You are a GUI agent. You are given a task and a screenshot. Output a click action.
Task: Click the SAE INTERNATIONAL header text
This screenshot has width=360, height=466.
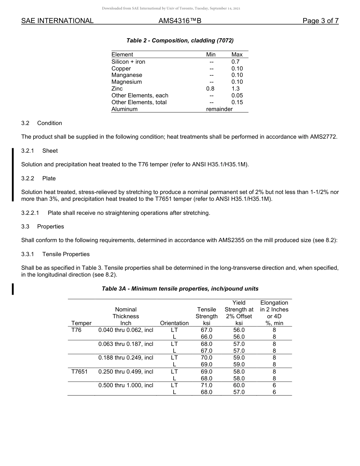click(x=57, y=21)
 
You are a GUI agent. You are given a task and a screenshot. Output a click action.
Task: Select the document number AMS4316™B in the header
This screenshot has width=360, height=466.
click(x=180, y=21)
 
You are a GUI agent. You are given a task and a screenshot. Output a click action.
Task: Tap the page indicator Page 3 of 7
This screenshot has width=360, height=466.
click(x=320, y=21)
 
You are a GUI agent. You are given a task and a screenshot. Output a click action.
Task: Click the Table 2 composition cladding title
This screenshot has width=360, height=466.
click(x=180, y=41)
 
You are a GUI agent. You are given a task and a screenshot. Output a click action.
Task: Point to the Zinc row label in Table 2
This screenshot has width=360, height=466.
click(x=117, y=89)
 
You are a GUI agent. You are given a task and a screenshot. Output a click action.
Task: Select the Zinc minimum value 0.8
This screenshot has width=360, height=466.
click(x=210, y=89)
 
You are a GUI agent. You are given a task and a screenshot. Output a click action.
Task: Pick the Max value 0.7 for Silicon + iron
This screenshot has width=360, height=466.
click(x=235, y=61)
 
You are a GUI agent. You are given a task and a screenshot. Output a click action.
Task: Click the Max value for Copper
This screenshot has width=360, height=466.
click(x=237, y=69)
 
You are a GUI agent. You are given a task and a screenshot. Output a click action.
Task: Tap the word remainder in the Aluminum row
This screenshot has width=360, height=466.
click(x=219, y=109)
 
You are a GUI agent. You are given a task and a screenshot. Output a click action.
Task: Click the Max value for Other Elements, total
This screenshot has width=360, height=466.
click(x=237, y=102)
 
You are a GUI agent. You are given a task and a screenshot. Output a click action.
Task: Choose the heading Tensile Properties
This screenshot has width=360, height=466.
click(x=66, y=254)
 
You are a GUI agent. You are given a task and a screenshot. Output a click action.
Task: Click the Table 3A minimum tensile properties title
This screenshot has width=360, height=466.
click(x=180, y=289)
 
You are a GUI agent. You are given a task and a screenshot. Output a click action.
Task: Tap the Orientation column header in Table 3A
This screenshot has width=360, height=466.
click(x=174, y=323)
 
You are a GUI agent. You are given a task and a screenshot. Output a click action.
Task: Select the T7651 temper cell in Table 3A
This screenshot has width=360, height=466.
click(x=79, y=372)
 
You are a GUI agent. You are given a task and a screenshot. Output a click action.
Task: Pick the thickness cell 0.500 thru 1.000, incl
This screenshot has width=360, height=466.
click(x=125, y=385)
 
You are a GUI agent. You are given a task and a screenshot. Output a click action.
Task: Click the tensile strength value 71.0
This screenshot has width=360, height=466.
click(x=207, y=385)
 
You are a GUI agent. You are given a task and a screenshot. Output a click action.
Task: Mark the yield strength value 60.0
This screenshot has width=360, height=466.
click(x=239, y=385)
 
